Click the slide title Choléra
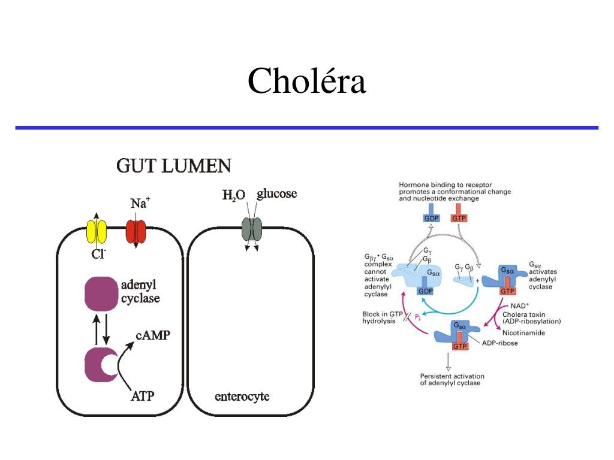[x=306, y=81]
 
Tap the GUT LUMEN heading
[x=174, y=166]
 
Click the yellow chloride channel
[x=97, y=231]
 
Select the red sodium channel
[x=136, y=231]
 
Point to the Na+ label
[x=140, y=204]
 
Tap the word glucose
[x=276, y=194]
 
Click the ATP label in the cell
[x=143, y=395]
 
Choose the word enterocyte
[x=242, y=396]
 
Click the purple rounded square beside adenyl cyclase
[x=99, y=293]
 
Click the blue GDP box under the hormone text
[x=432, y=219]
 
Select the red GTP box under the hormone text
[x=459, y=219]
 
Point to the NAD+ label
[x=511, y=305]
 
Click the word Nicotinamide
[x=523, y=332]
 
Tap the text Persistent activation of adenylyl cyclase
[x=450, y=379]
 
